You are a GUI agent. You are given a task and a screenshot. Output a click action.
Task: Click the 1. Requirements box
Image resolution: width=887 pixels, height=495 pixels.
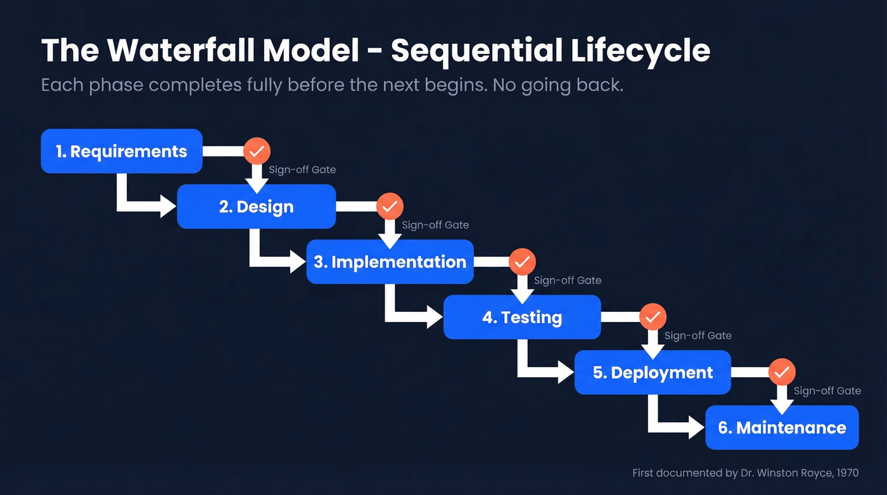tap(121, 151)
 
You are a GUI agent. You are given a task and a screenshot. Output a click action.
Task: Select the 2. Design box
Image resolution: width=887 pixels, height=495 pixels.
tap(256, 207)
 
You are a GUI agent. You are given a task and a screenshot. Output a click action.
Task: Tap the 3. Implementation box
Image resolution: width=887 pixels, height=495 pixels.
tap(390, 262)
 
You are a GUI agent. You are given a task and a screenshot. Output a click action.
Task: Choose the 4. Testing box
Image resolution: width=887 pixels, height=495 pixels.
tap(521, 317)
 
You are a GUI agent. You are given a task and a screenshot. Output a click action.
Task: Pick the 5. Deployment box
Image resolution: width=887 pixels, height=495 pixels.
tap(653, 373)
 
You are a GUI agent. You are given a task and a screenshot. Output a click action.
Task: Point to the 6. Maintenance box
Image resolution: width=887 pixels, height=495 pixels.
tap(782, 428)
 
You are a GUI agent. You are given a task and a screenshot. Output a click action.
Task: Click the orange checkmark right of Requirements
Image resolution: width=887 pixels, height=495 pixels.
tap(257, 151)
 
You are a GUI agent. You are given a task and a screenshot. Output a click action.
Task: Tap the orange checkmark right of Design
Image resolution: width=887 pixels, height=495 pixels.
tap(390, 207)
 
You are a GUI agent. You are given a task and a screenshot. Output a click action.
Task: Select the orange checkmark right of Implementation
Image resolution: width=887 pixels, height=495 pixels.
tap(522, 262)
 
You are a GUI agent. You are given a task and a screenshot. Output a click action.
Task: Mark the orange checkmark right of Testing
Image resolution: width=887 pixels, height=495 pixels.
tap(653, 317)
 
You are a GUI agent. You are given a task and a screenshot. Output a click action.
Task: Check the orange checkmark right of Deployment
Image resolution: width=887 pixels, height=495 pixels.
tap(782, 372)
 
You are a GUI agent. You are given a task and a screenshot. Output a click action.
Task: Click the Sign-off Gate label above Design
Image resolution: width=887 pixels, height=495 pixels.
tap(302, 170)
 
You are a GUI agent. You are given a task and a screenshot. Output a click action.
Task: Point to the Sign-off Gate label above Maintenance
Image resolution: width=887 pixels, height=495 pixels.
tap(827, 391)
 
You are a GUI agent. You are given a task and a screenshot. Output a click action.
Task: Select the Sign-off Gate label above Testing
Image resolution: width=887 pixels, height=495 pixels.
tap(568, 280)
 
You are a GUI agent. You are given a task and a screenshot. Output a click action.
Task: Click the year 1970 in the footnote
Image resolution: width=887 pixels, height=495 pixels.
tap(848, 473)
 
